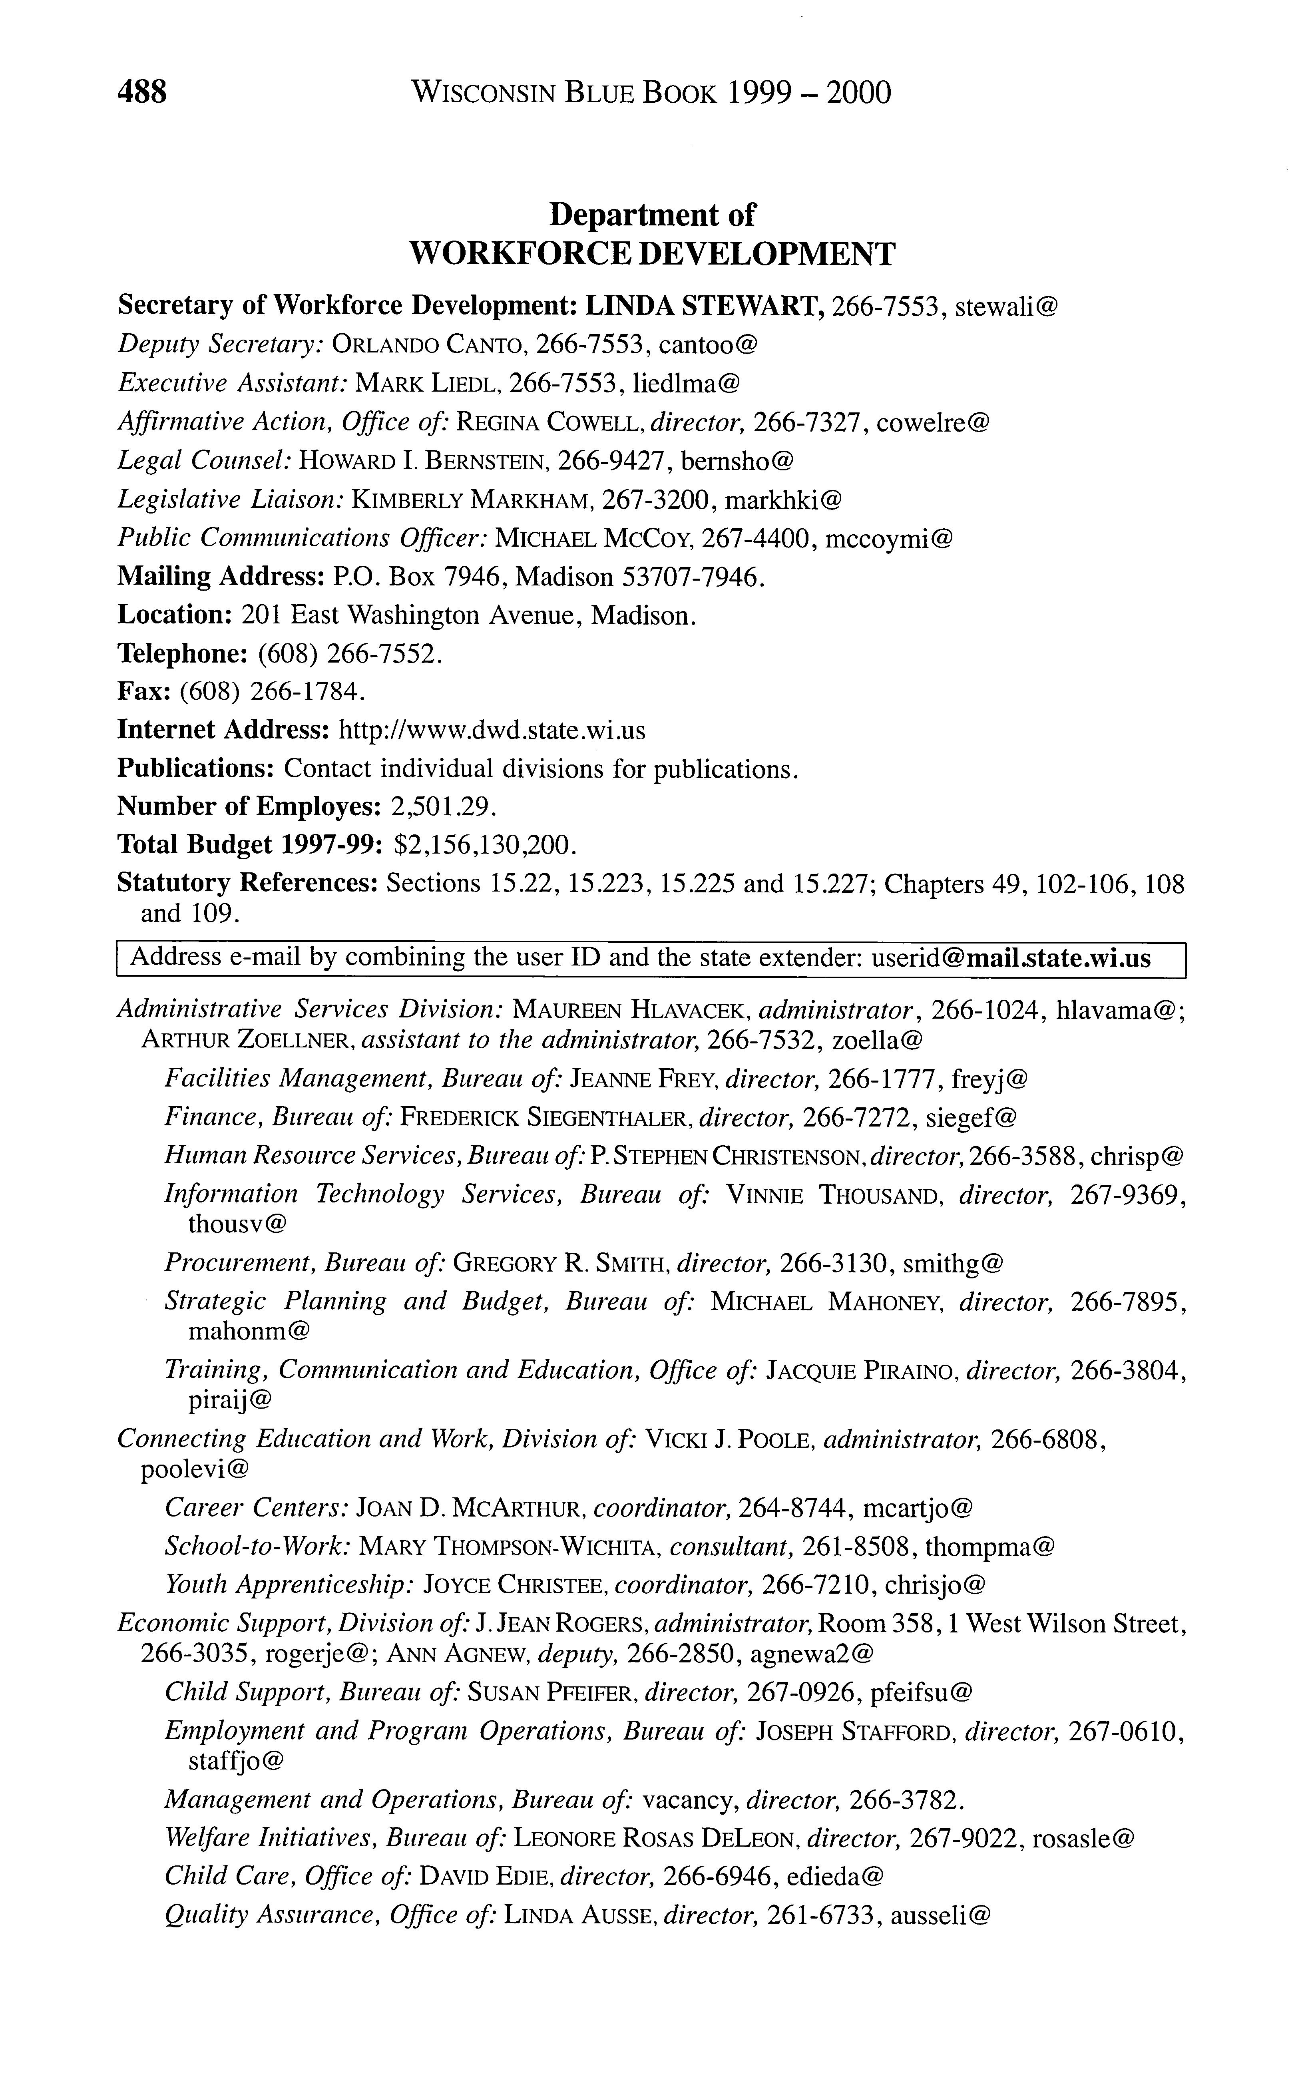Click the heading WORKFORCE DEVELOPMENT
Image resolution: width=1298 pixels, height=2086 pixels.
[653, 254]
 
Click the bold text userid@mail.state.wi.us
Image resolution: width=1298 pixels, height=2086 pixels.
[1010, 958]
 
